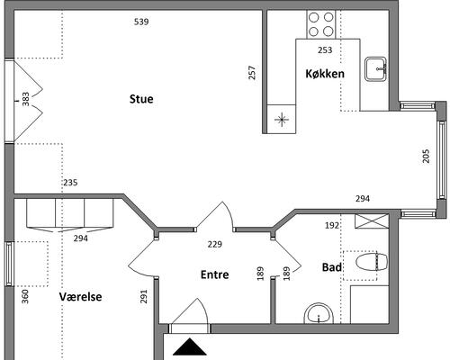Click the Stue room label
(x=141, y=99)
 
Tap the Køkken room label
(x=325, y=74)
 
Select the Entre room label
(x=214, y=274)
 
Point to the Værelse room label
(x=80, y=297)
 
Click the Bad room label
(x=331, y=267)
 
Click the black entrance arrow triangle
(x=190, y=346)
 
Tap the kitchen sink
(x=376, y=69)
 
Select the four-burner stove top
(x=321, y=24)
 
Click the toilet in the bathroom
(x=372, y=262)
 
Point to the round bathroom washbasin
(x=319, y=314)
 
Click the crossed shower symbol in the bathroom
(x=372, y=221)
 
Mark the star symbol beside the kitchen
(x=282, y=119)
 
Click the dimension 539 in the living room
(x=141, y=22)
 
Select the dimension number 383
(x=26, y=99)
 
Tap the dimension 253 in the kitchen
(x=325, y=49)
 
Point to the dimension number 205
(x=426, y=156)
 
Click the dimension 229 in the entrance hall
(x=215, y=244)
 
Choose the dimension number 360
(x=25, y=296)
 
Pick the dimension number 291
(x=144, y=296)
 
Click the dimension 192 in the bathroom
(x=332, y=225)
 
